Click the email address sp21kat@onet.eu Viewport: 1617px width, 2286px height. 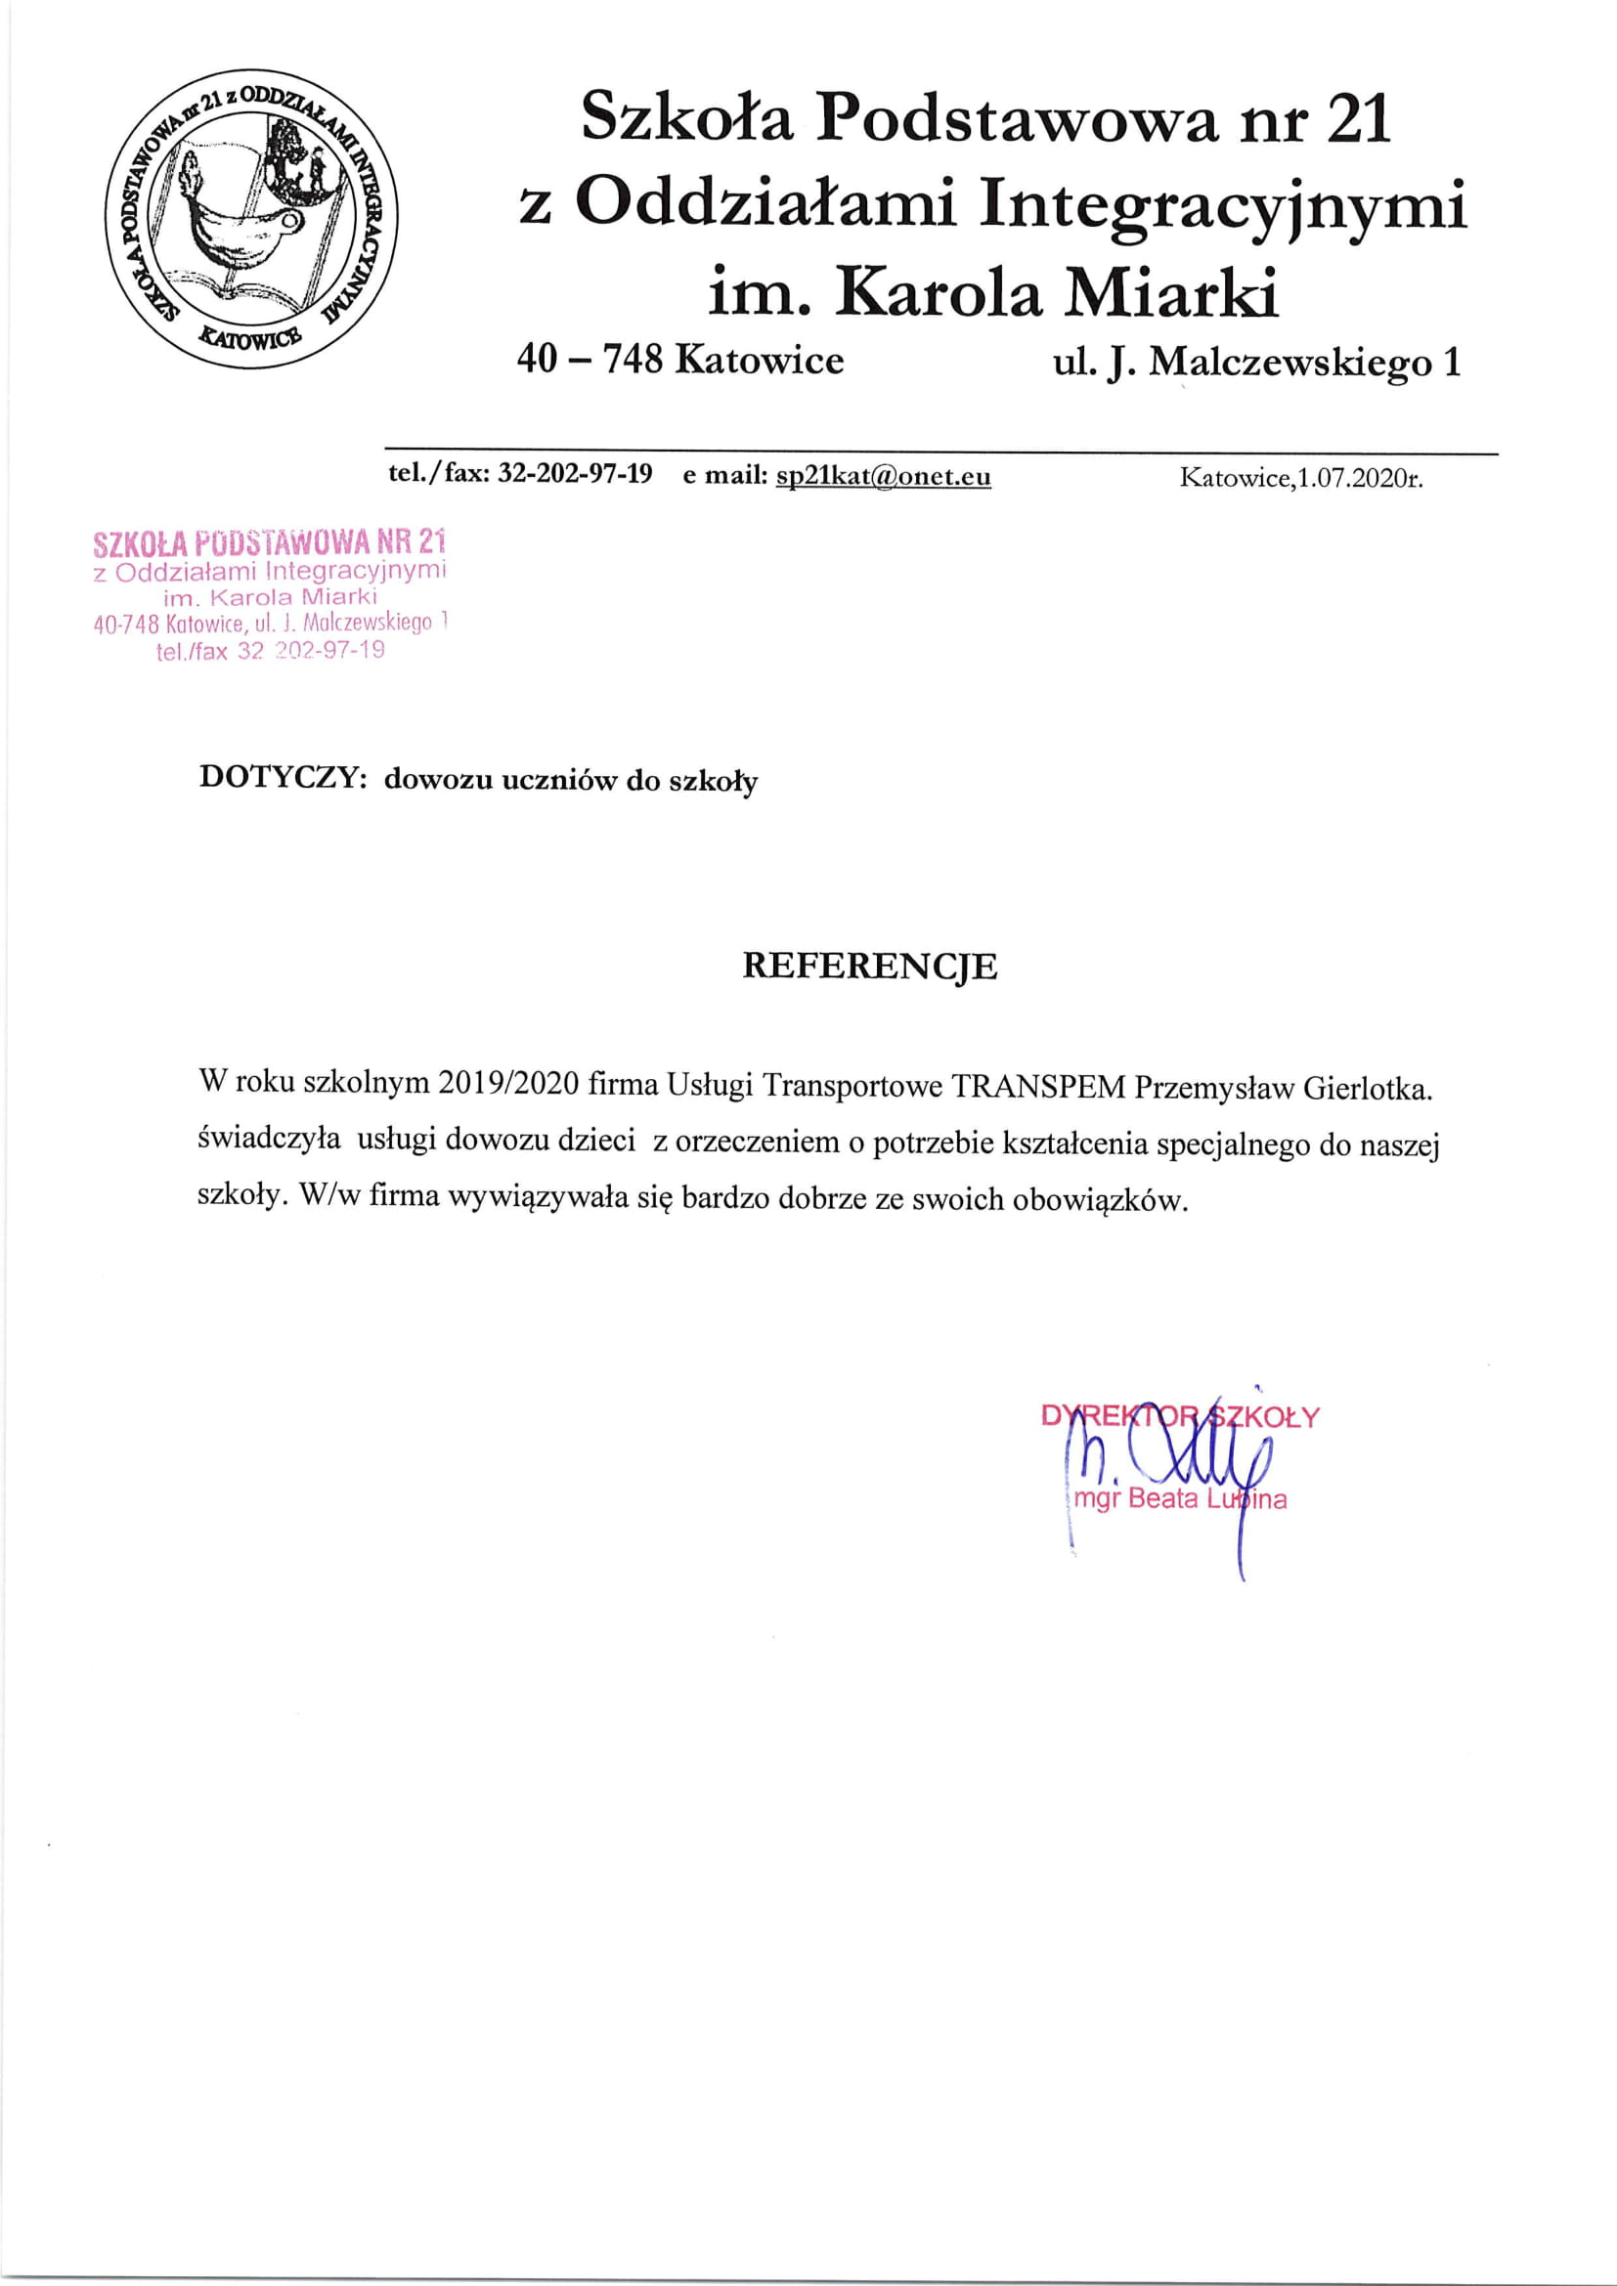[x=882, y=476]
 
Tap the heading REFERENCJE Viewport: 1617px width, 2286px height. [x=869, y=967]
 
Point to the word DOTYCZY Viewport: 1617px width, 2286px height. [x=278, y=778]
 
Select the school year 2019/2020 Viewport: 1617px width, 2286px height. [x=507, y=1083]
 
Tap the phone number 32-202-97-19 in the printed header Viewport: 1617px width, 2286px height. [x=575, y=475]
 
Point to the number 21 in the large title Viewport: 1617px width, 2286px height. [x=1358, y=119]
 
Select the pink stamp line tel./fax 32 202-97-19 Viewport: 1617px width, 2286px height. [x=270, y=652]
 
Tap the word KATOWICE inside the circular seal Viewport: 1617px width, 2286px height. [x=250, y=336]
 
